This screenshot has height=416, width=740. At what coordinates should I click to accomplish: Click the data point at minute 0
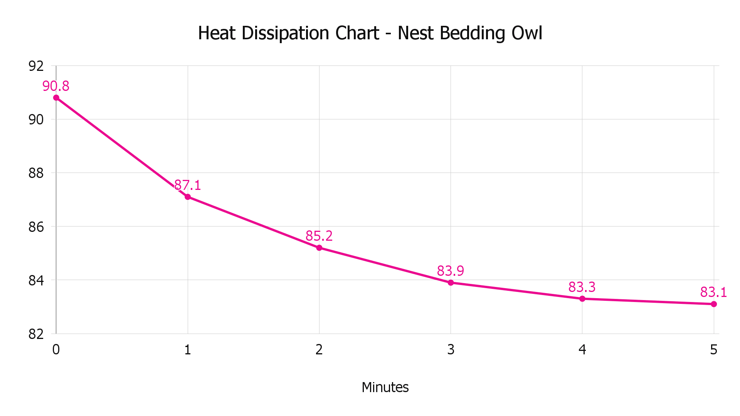pyautogui.click(x=56, y=98)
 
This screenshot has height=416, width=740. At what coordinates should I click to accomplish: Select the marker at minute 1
pyautogui.click(x=188, y=197)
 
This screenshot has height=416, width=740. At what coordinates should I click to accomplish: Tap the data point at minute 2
pyautogui.click(x=319, y=248)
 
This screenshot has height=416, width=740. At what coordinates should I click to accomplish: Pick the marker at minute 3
pyautogui.click(x=451, y=283)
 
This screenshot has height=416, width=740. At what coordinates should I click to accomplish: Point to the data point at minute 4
pyautogui.click(x=582, y=299)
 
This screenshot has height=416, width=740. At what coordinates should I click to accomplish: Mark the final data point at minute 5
pyautogui.click(x=714, y=304)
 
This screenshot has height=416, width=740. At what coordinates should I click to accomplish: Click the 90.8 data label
pyautogui.click(x=56, y=86)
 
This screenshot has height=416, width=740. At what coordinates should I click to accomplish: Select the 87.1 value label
pyautogui.click(x=188, y=185)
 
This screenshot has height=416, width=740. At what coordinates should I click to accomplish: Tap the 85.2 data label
pyautogui.click(x=319, y=236)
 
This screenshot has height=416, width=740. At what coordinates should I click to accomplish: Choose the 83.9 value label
pyautogui.click(x=451, y=271)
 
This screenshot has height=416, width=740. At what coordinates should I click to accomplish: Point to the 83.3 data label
pyautogui.click(x=582, y=287)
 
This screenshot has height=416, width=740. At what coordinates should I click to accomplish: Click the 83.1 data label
pyautogui.click(x=713, y=292)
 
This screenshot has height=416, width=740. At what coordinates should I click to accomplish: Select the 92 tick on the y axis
pyautogui.click(x=36, y=66)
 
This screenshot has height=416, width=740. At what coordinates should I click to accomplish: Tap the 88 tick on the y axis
pyautogui.click(x=36, y=173)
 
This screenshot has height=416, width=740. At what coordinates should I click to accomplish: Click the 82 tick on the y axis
pyautogui.click(x=36, y=334)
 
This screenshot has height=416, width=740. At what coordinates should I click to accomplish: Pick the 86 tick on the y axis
pyautogui.click(x=36, y=227)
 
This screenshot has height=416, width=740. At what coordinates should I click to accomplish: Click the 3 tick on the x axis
pyautogui.click(x=451, y=350)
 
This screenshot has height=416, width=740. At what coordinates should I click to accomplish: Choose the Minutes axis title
pyautogui.click(x=385, y=387)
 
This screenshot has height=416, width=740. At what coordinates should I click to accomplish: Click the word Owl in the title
pyautogui.click(x=527, y=33)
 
